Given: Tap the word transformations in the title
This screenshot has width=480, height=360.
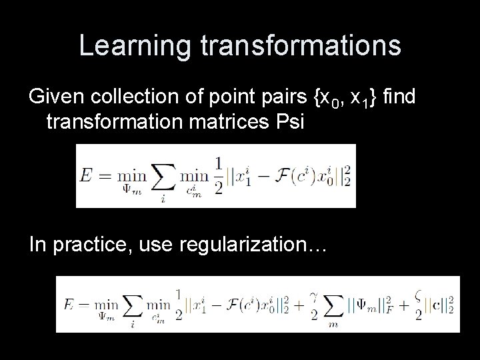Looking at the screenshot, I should tap(300, 46).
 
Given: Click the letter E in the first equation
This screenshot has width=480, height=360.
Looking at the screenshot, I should tap(85, 177).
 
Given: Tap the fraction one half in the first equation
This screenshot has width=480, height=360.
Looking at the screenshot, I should tap(221, 177).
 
